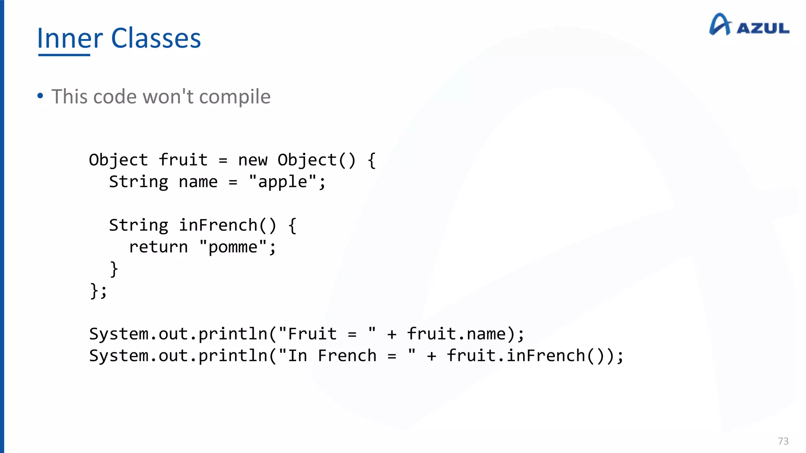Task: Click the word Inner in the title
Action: click(70, 39)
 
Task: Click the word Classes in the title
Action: click(156, 39)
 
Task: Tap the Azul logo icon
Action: click(720, 24)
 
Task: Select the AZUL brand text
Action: click(763, 28)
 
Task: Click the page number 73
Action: click(783, 441)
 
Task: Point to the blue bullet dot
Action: click(40, 96)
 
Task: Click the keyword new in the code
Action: click(253, 160)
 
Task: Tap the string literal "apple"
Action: click(282, 182)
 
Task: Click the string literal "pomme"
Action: click(233, 247)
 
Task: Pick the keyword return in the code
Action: click(158, 247)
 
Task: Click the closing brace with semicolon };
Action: click(98, 291)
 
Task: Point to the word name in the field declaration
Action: click(198, 182)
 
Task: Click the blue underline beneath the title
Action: click(64, 55)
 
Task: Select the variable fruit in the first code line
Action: click(183, 160)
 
